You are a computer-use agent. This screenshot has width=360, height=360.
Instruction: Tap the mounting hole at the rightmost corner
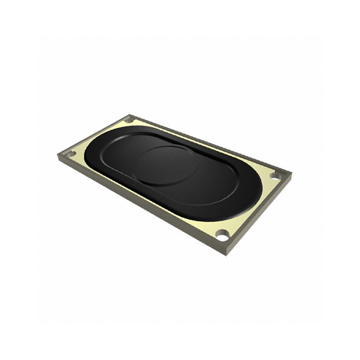[274, 175]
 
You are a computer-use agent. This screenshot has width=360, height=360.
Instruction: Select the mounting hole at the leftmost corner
[71, 154]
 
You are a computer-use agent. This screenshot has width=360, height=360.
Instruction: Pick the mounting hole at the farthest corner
[129, 120]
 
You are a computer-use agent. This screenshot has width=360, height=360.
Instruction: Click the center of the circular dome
[166, 165]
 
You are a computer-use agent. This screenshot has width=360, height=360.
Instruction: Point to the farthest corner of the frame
[130, 114]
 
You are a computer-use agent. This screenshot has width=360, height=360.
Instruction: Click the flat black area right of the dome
[216, 180]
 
